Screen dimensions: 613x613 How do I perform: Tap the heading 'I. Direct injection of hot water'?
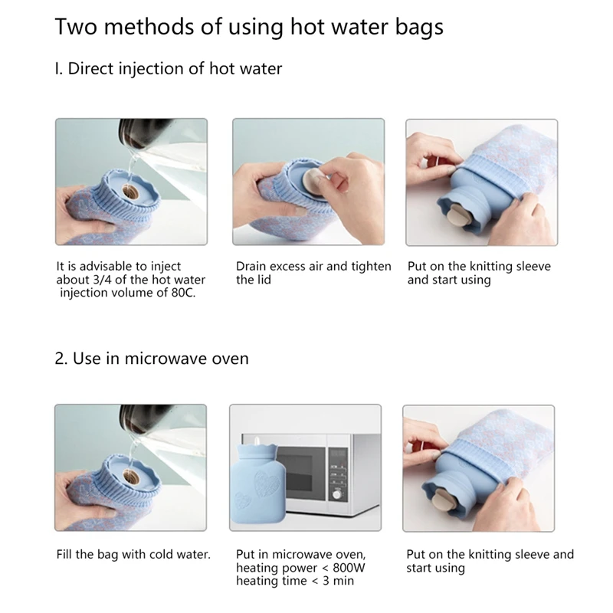pyautogui.click(x=168, y=69)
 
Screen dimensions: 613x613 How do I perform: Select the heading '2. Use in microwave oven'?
pyautogui.click(x=152, y=359)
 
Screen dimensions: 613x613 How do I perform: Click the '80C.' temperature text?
pyautogui.click(x=183, y=293)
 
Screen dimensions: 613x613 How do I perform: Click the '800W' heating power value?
pyautogui.click(x=349, y=568)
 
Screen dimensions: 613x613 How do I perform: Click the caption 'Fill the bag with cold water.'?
pyautogui.click(x=133, y=554)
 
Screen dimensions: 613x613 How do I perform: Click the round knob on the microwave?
pyautogui.click(x=336, y=494)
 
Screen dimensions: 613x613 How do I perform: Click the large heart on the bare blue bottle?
pyautogui.click(x=267, y=484)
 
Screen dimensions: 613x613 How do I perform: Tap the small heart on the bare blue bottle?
pyautogui.click(x=241, y=500)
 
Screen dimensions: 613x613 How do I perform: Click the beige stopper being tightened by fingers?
pyautogui.click(x=313, y=181)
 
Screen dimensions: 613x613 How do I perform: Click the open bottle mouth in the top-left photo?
pyautogui.click(x=129, y=192)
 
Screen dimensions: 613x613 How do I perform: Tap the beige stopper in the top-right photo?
pyautogui.click(x=455, y=216)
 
